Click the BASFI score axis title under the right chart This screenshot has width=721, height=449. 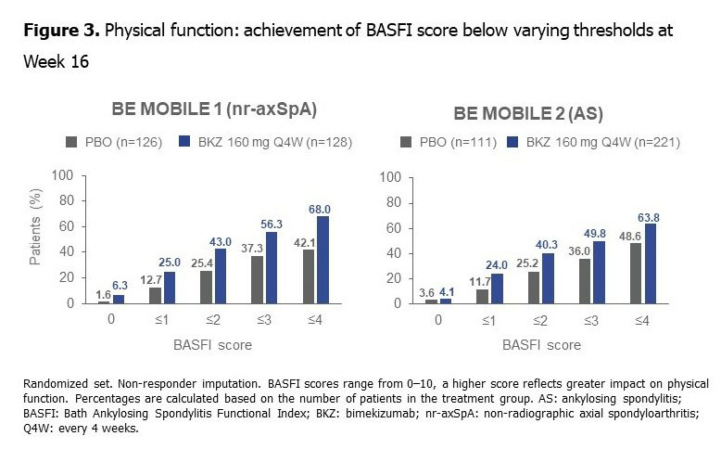543,345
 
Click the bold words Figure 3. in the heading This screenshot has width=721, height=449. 62,31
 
